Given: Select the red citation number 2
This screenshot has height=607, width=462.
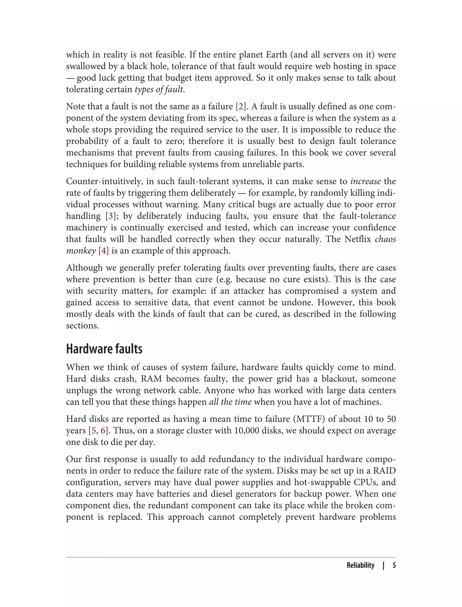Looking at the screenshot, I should [241, 107].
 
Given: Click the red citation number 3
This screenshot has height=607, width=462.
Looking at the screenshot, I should [111, 216].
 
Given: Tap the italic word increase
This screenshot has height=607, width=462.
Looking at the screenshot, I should [365, 181].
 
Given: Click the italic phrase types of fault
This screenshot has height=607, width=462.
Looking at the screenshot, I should [159, 89].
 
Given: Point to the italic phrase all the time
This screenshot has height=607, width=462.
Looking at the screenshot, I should [230, 402].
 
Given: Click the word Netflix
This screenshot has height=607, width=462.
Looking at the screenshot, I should [358, 239].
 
